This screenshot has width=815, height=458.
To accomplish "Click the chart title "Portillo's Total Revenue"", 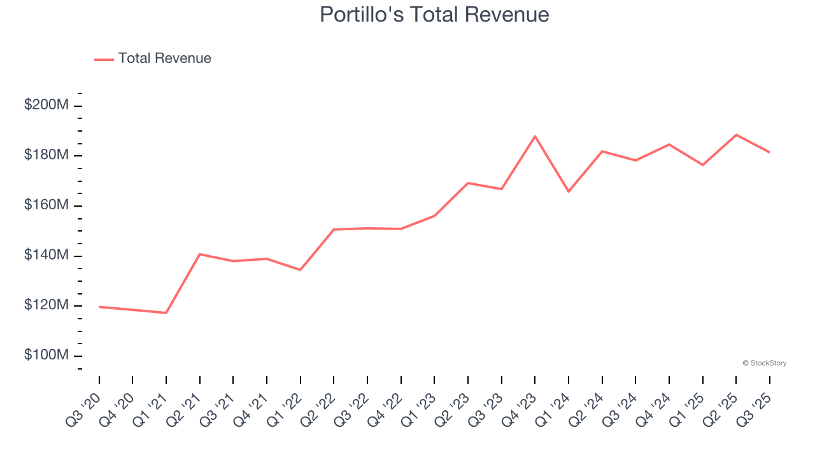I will click(x=434, y=14).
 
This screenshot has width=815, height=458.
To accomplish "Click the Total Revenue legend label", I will click(x=164, y=59).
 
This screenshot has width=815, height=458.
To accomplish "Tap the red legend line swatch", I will click(x=104, y=59).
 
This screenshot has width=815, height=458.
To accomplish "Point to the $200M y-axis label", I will click(x=46, y=106).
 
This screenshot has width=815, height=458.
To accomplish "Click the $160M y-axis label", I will click(x=46, y=205).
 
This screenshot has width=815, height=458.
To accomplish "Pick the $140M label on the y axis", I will click(x=46, y=256).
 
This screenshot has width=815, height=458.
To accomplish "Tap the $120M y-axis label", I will click(x=46, y=305).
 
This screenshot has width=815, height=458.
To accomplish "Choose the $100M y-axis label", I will click(x=46, y=356).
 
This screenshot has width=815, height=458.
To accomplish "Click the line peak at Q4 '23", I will click(x=535, y=136).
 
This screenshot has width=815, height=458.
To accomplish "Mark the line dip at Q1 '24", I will click(x=569, y=191).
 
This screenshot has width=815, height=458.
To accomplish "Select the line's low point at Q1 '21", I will click(x=166, y=313).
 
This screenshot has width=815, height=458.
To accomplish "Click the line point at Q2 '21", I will click(x=200, y=254).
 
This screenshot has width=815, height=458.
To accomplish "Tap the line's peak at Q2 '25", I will click(x=736, y=135).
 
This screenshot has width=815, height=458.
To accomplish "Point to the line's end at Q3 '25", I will click(x=769, y=152).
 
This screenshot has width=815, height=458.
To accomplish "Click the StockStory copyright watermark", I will click(x=764, y=363).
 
